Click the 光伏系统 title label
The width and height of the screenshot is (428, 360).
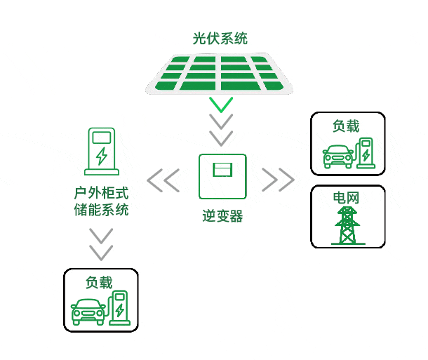tap(220, 39)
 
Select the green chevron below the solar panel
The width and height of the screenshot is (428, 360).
tap(222, 105)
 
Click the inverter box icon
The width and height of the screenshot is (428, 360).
tap(222, 176)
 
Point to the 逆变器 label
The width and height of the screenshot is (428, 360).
tap(222, 216)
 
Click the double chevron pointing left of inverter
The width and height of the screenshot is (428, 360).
tap(163, 180)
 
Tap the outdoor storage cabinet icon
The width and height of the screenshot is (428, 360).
tap(102, 151)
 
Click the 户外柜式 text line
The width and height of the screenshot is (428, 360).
tap(102, 192)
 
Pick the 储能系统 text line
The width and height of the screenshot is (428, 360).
tap(102, 210)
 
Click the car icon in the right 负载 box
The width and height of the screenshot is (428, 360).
tap(337, 156)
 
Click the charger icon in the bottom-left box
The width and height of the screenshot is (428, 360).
tap(119, 308)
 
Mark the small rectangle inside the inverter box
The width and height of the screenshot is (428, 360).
tap(222, 168)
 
